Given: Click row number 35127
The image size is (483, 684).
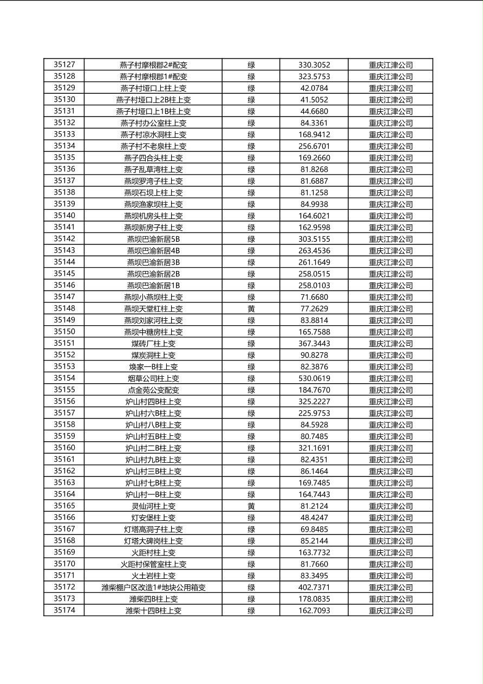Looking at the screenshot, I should click(x=64, y=64).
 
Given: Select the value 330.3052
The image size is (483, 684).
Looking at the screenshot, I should click(x=314, y=65).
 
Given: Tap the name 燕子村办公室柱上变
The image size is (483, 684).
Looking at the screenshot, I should click(x=153, y=123).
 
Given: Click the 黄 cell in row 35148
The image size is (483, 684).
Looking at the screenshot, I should click(x=251, y=308).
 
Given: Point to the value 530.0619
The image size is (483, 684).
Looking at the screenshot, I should click(x=314, y=378).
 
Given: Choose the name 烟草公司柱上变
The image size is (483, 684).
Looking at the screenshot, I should click(x=153, y=378).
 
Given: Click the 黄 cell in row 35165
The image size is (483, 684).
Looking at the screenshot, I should click(x=251, y=506).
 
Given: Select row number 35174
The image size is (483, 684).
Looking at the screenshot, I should click(x=64, y=610).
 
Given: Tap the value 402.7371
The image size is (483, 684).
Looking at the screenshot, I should click(x=314, y=587).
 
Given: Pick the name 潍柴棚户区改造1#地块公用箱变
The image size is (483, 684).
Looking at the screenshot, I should click(x=153, y=587).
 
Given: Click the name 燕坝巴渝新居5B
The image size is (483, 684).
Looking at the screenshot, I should click(x=153, y=239).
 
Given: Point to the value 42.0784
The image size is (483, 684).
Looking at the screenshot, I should click(x=314, y=88).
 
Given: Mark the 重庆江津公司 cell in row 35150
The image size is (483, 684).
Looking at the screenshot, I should click(x=390, y=332).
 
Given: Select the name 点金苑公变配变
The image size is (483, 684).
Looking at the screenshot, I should click(x=153, y=390).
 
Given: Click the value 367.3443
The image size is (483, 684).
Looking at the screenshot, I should click(x=314, y=343).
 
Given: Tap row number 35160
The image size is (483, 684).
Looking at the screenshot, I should click(x=64, y=448).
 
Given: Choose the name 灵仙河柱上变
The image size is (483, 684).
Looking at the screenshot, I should click(x=153, y=506).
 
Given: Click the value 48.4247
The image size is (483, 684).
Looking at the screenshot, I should click(x=314, y=518).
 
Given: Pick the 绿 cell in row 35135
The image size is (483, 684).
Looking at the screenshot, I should click(x=251, y=158).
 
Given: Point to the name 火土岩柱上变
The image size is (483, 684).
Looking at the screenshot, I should click(x=153, y=576).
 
